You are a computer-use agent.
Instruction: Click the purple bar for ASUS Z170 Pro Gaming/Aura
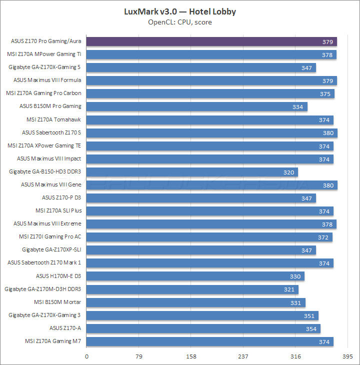click(211, 41)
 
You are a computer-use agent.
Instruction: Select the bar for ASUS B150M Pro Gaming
click(197, 106)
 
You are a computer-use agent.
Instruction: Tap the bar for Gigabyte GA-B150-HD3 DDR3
click(192, 172)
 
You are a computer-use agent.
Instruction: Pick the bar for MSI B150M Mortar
click(195, 302)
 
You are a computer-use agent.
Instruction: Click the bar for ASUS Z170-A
click(203, 328)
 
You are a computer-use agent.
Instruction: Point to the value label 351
click(310, 315)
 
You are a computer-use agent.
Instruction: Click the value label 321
click(290, 289)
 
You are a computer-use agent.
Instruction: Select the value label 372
click(323, 237)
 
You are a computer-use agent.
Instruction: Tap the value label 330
click(296, 276)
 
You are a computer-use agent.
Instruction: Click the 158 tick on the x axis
click(191, 356)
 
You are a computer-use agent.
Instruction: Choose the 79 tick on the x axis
click(139, 356)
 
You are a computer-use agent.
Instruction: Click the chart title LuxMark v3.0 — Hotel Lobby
click(180, 11)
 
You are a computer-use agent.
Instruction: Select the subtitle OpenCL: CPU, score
click(180, 22)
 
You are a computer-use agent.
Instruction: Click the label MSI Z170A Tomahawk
click(53, 119)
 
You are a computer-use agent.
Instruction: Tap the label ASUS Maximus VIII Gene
click(51, 184)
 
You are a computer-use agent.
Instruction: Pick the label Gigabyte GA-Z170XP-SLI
click(51, 249)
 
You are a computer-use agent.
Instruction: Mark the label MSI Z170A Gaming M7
click(52, 341)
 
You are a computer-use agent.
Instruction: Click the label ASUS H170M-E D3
click(58, 276)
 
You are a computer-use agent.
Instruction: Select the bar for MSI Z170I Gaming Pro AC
click(209, 237)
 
